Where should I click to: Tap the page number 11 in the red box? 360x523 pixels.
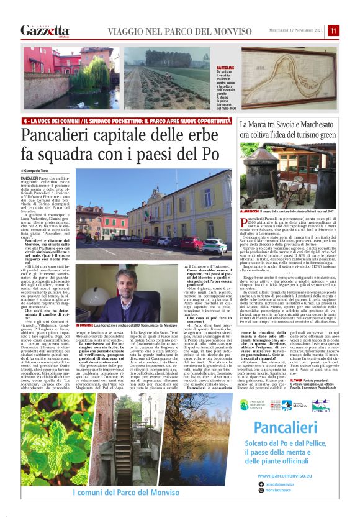pos(333,30)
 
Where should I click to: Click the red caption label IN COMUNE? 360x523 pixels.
pos(85,325)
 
